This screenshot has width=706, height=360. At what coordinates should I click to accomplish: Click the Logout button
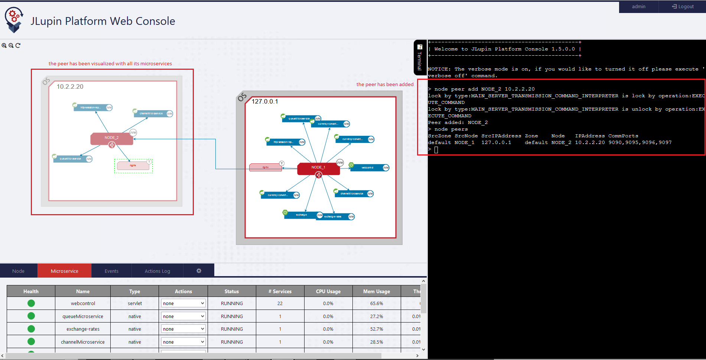[683, 7]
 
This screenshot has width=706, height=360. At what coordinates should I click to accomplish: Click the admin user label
[638, 7]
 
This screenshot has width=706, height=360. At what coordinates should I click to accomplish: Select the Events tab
[111, 271]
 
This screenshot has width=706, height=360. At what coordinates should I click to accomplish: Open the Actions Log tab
[157, 271]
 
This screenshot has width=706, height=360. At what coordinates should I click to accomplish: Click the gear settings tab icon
[199, 271]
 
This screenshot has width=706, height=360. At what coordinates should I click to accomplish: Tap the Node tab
[19, 271]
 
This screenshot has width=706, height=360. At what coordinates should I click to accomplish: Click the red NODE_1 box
[318, 168]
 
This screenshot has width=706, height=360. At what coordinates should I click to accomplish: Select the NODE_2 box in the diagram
[111, 138]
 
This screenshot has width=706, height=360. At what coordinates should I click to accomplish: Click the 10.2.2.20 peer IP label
[70, 86]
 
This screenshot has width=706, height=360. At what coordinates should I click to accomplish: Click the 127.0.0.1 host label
[265, 101]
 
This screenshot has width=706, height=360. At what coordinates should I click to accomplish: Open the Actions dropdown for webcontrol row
[183, 303]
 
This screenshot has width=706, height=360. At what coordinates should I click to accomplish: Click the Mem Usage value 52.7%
[377, 329]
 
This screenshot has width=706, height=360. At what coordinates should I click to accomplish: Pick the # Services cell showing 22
[280, 303]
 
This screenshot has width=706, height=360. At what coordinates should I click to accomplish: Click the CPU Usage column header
[328, 291]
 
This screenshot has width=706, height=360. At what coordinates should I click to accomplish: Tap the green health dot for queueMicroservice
[31, 316]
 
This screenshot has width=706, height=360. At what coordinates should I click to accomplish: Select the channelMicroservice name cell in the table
[83, 342]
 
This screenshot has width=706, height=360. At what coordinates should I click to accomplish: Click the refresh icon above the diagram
[18, 45]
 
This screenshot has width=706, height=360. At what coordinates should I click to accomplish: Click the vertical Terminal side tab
[420, 58]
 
